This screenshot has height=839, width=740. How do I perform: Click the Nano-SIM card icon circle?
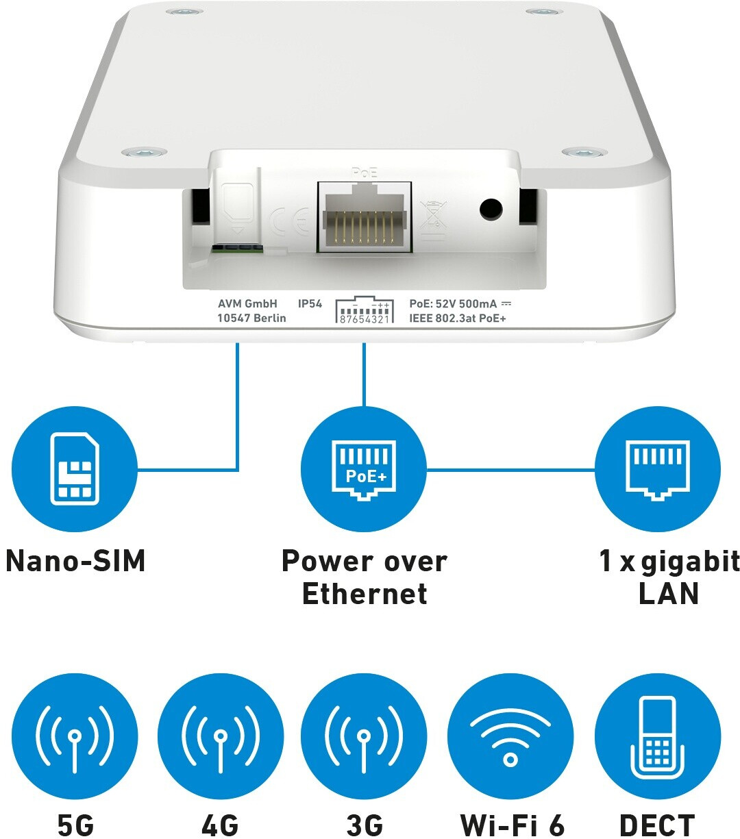[75, 468]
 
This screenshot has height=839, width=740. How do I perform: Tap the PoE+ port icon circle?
[364, 468]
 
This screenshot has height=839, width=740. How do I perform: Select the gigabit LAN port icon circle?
[658, 468]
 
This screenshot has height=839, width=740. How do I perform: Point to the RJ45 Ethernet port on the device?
[365, 217]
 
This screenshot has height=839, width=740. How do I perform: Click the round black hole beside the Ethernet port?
[491, 209]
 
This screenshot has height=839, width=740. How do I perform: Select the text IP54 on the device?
[310, 304]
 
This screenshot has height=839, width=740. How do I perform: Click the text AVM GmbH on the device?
[248, 304]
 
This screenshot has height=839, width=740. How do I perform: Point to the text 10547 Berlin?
[252, 318]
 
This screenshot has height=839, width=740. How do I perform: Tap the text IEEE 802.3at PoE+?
[458, 318]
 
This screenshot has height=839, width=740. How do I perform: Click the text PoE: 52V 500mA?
[453, 304]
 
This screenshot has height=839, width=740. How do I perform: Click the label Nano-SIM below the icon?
[75, 561]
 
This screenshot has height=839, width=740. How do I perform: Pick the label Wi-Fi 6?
[512, 825]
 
